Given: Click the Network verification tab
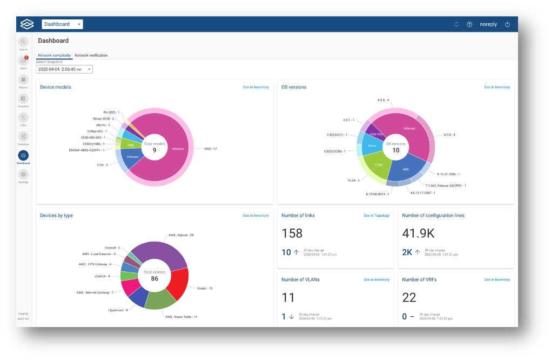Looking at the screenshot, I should [91, 55].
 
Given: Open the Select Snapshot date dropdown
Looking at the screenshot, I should [64, 69].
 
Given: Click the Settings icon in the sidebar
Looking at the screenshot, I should [23, 175].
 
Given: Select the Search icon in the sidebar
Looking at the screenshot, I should [23, 42].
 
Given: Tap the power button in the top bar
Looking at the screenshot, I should [507, 24].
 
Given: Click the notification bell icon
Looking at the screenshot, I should [456, 24].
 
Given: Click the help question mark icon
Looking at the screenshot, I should [469, 24].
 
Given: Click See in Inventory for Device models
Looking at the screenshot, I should [256, 87].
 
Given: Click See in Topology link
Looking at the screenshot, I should [376, 216].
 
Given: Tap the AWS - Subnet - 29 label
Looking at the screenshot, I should [180, 235].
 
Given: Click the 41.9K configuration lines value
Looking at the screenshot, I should [418, 234].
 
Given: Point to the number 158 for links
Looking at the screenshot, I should [292, 234].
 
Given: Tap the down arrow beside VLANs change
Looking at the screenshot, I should [291, 316].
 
